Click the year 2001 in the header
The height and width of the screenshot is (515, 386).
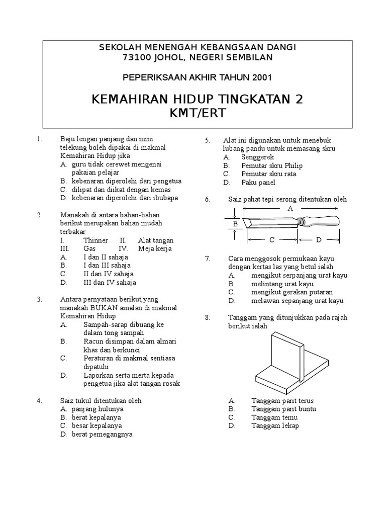click(260, 77)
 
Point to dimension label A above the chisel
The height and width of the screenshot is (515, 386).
click(290, 208)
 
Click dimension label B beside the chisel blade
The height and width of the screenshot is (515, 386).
click(235, 223)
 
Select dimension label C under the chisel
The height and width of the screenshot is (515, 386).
click(271, 240)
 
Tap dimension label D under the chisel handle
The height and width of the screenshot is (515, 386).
click(319, 240)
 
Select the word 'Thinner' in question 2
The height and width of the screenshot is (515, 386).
click(95, 240)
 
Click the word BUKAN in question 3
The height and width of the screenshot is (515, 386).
click(105, 308)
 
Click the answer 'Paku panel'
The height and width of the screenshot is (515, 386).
click(257, 183)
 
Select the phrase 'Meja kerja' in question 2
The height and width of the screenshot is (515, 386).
click(155, 248)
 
